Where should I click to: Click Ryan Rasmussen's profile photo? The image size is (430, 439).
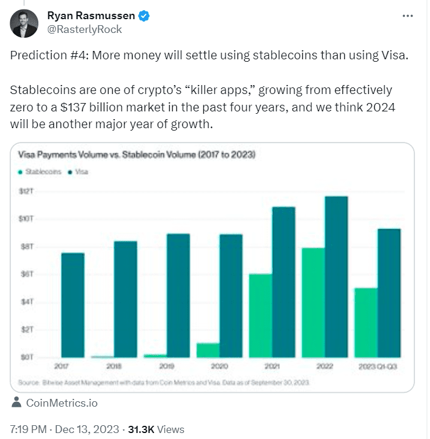pos(24,22)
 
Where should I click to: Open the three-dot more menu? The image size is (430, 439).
pos(408,16)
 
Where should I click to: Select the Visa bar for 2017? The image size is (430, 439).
pos(73,305)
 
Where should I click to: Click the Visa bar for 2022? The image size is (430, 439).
pos(336,277)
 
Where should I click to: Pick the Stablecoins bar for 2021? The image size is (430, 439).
pos(260,316)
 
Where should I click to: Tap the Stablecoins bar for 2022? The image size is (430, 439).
pos(313,302)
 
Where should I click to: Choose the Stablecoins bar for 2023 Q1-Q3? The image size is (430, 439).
pos(366,322)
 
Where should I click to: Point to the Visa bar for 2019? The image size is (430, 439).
pos(178,295)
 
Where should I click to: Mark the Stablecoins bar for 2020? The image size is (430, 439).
pos(208,350)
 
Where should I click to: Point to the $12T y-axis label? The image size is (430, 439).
pos(27,191)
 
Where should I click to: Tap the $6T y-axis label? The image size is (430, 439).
pos(27,274)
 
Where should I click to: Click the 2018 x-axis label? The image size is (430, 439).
pos(114,365)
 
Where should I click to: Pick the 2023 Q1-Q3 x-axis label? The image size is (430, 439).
pos(378,365)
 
